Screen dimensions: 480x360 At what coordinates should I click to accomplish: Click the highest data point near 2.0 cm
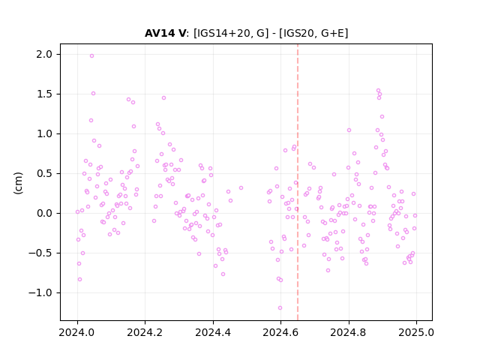point(91,55)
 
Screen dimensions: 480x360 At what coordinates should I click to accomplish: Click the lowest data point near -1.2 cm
point(280,307)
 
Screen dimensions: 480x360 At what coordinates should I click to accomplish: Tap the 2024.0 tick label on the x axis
point(77,332)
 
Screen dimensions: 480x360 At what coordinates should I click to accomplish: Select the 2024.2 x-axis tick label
point(145,332)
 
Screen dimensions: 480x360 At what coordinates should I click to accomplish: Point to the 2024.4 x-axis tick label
point(213,332)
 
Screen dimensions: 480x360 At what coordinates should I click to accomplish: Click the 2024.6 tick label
point(280,332)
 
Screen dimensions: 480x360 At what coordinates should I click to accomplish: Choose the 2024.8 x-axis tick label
point(348,332)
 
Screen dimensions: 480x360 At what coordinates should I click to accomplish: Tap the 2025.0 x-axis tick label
point(416,332)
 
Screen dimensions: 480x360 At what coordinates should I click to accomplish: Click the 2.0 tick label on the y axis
point(44,54)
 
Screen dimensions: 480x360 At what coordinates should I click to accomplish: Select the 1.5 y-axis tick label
point(44,94)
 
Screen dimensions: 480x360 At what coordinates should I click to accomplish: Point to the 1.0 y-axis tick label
point(44,133)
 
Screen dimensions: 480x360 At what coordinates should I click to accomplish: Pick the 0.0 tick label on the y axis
point(44,213)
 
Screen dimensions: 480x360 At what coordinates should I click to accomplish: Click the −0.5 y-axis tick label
point(40,253)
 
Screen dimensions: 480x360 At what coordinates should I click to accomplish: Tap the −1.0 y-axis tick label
point(40,293)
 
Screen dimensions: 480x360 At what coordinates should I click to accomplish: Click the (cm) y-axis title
point(18,183)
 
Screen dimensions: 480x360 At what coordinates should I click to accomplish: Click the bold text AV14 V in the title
point(165,33)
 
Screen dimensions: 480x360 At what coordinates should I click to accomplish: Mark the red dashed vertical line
point(298,182)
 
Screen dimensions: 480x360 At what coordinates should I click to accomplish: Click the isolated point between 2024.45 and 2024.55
point(241,187)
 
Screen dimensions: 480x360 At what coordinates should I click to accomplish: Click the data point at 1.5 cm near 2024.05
point(93,93)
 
